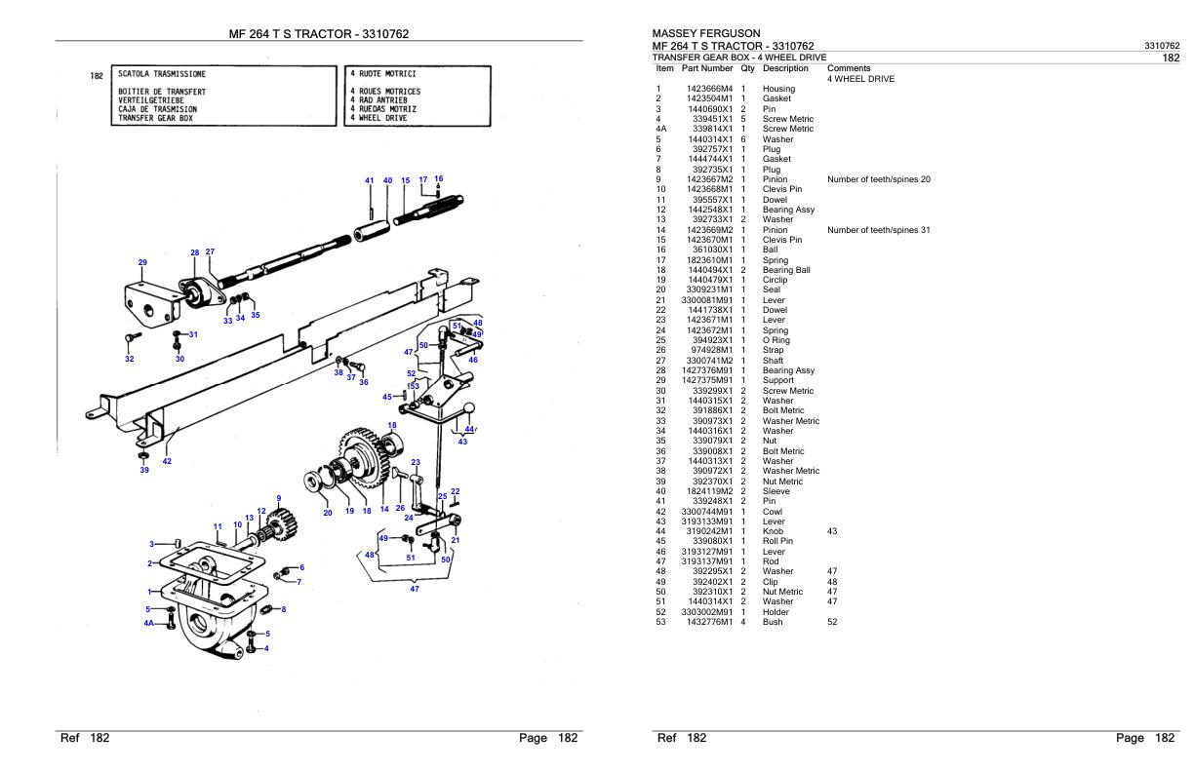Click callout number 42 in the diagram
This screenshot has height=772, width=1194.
(167, 461)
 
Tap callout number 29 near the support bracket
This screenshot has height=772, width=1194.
(142, 262)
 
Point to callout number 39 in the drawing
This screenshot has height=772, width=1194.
(144, 470)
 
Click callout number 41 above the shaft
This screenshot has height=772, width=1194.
(370, 180)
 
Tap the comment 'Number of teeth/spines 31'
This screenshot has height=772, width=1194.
(878, 230)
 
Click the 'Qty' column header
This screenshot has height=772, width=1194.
(747, 69)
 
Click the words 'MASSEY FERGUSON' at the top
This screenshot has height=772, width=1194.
(706, 34)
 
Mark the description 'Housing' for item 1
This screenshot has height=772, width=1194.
(778, 89)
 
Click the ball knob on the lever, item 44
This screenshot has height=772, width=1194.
(468, 410)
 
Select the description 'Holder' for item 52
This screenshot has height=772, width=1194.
(776, 612)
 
